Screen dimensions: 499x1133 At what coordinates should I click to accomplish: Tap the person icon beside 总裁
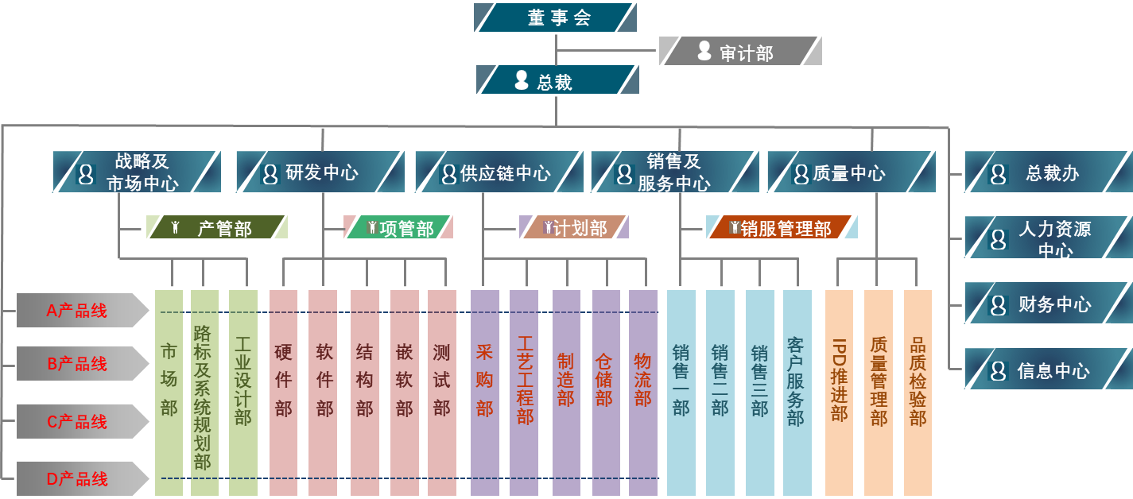(x=522, y=80)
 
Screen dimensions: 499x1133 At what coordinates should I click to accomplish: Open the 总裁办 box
(x=1048, y=172)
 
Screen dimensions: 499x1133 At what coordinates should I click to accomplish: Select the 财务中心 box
(x=1048, y=304)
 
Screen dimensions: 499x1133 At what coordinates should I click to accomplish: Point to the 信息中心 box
(x=1048, y=370)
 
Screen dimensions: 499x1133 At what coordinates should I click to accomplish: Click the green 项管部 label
(x=398, y=228)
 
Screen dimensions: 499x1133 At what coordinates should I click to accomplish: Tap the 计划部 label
(x=574, y=228)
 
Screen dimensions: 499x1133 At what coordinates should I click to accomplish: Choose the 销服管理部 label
(x=782, y=228)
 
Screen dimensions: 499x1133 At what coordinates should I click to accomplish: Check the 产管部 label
(x=217, y=228)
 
